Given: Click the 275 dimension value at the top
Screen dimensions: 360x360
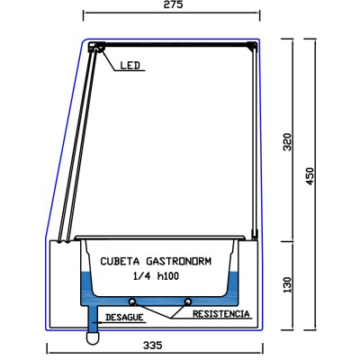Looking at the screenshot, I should (174, 5).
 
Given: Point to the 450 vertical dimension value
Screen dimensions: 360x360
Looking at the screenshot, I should (310, 175).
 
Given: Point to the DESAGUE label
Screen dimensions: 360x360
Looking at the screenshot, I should (123, 318).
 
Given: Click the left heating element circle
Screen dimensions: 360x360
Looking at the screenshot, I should (132, 301).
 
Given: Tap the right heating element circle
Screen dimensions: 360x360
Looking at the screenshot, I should (187, 301).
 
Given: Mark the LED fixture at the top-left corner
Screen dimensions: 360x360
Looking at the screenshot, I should (93, 52).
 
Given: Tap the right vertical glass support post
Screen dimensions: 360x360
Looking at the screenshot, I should (251, 144).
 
